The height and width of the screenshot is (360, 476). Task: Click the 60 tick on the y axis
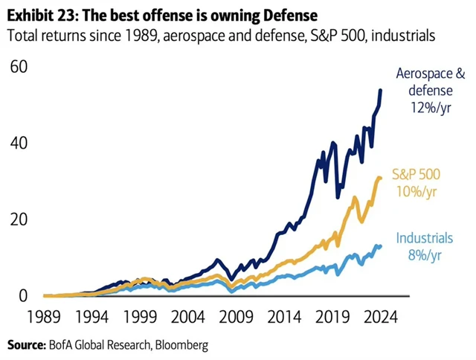point(18,66)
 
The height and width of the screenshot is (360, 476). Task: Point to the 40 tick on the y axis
point(18,143)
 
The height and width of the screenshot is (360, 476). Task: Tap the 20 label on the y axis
point(18,219)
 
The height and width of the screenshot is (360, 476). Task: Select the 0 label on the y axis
point(23,296)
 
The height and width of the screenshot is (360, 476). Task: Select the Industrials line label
point(424,239)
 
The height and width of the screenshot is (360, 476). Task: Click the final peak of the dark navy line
point(382,90)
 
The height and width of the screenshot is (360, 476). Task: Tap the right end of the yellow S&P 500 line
point(382,178)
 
